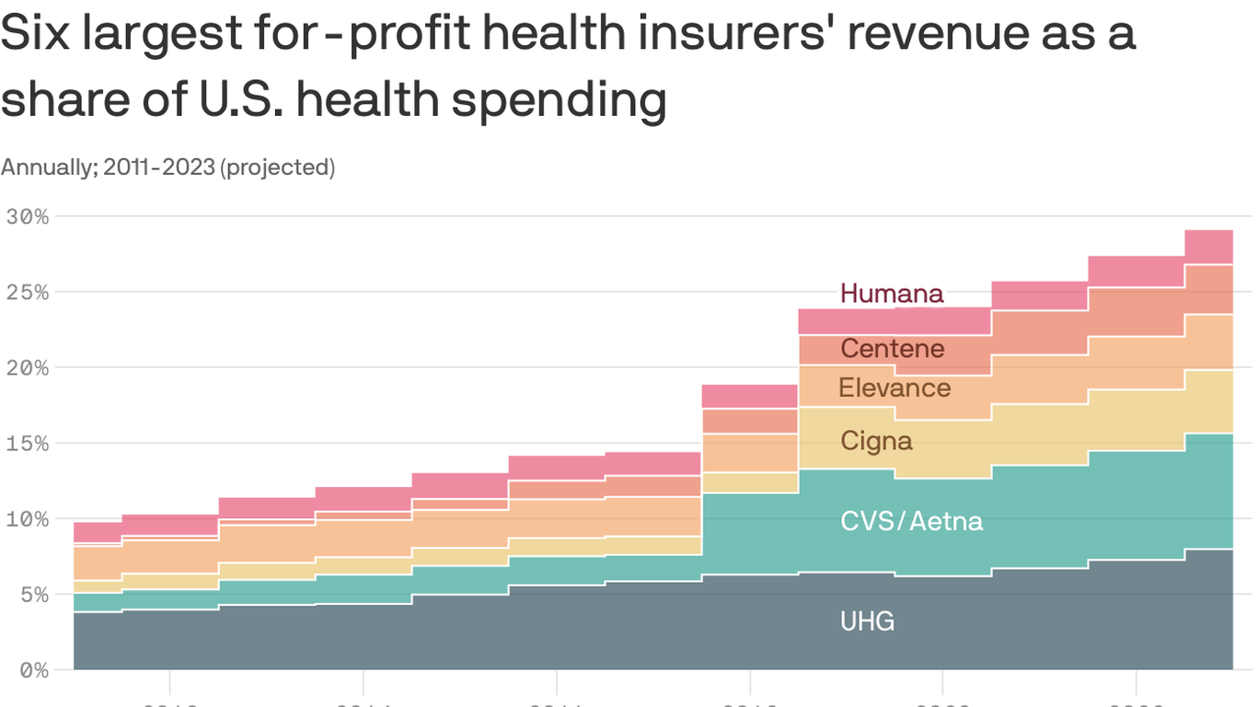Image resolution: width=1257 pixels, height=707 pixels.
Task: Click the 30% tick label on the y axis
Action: coord(28,216)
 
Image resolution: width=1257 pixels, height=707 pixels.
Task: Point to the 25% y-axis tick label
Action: coord(28,292)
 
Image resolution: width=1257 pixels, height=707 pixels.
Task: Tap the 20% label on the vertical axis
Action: coord(28,367)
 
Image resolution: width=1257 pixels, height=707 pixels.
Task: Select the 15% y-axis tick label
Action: coord(28,443)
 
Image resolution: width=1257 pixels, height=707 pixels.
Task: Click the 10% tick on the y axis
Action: coord(28,518)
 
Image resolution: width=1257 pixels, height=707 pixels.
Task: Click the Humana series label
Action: coord(892,294)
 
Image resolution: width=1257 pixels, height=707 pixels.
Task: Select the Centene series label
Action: coord(892,349)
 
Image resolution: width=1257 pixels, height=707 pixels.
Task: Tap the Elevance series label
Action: coord(894,388)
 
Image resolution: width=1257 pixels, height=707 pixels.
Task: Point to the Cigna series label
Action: coord(876,441)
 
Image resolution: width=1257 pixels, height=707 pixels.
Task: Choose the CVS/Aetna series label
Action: coord(911,521)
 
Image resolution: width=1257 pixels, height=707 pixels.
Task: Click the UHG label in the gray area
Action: coord(867,621)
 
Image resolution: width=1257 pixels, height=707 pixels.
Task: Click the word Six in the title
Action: coord(33,35)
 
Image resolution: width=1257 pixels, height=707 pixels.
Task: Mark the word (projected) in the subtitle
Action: coord(277,168)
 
